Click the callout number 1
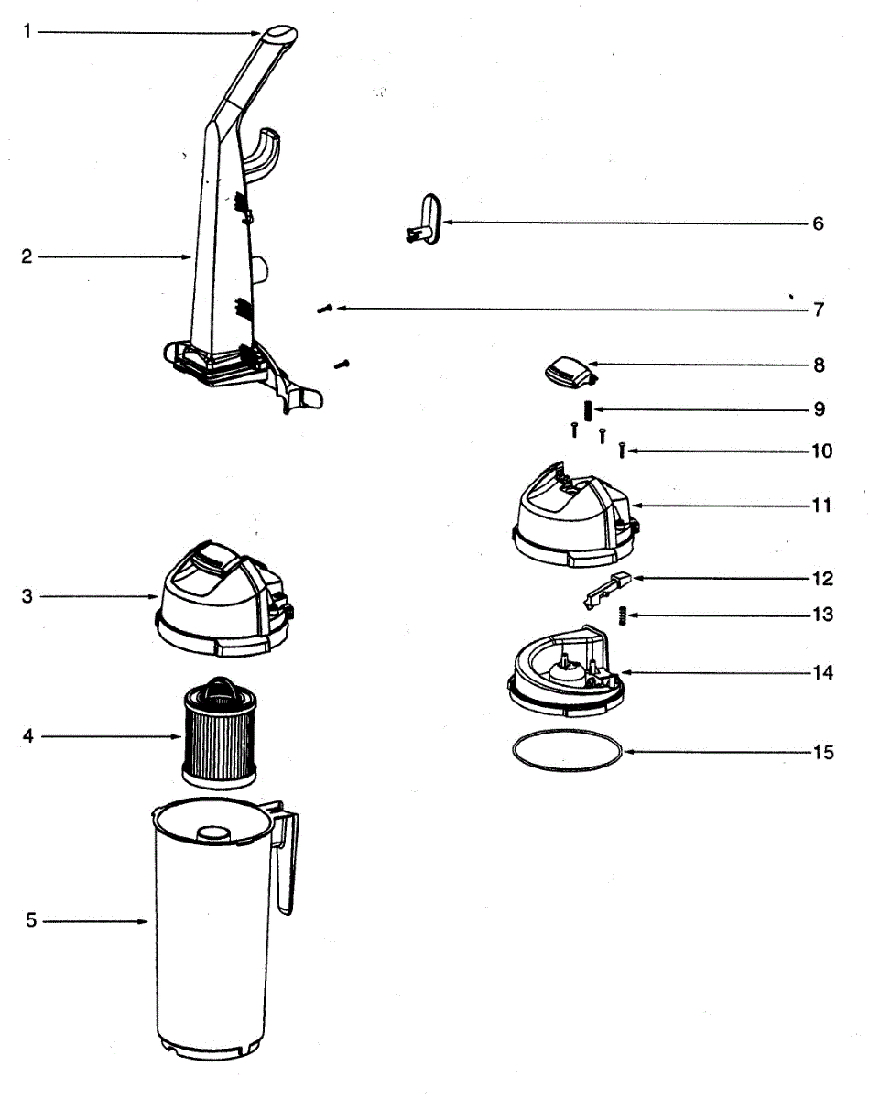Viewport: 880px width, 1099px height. click(x=27, y=31)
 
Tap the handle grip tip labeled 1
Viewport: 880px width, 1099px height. click(x=279, y=35)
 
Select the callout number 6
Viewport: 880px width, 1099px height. click(x=818, y=223)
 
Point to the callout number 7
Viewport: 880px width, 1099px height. click(x=818, y=310)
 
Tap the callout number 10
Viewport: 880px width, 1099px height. click(x=821, y=452)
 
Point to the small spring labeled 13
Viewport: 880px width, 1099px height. click(x=622, y=615)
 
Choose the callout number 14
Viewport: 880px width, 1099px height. click(x=821, y=673)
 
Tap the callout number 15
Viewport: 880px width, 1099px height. click(x=822, y=752)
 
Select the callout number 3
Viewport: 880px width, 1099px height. click(x=27, y=596)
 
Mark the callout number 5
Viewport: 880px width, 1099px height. click(x=30, y=920)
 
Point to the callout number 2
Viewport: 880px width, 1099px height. click(x=27, y=257)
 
